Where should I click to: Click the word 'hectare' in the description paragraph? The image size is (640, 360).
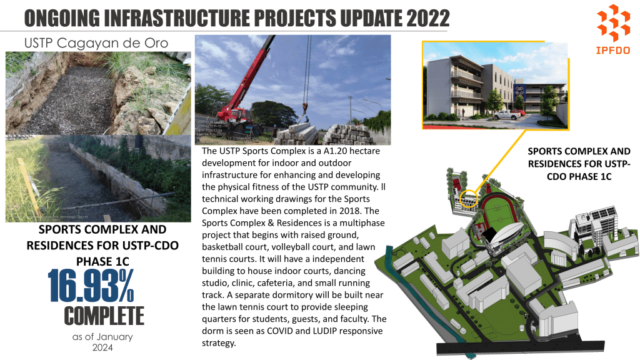tap(362, 152)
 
